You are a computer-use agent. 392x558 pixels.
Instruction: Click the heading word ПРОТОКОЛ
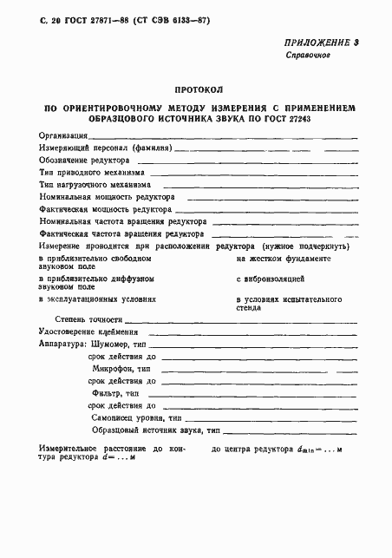coord(199,89)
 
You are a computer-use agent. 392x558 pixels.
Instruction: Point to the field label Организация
coord(62,136)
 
